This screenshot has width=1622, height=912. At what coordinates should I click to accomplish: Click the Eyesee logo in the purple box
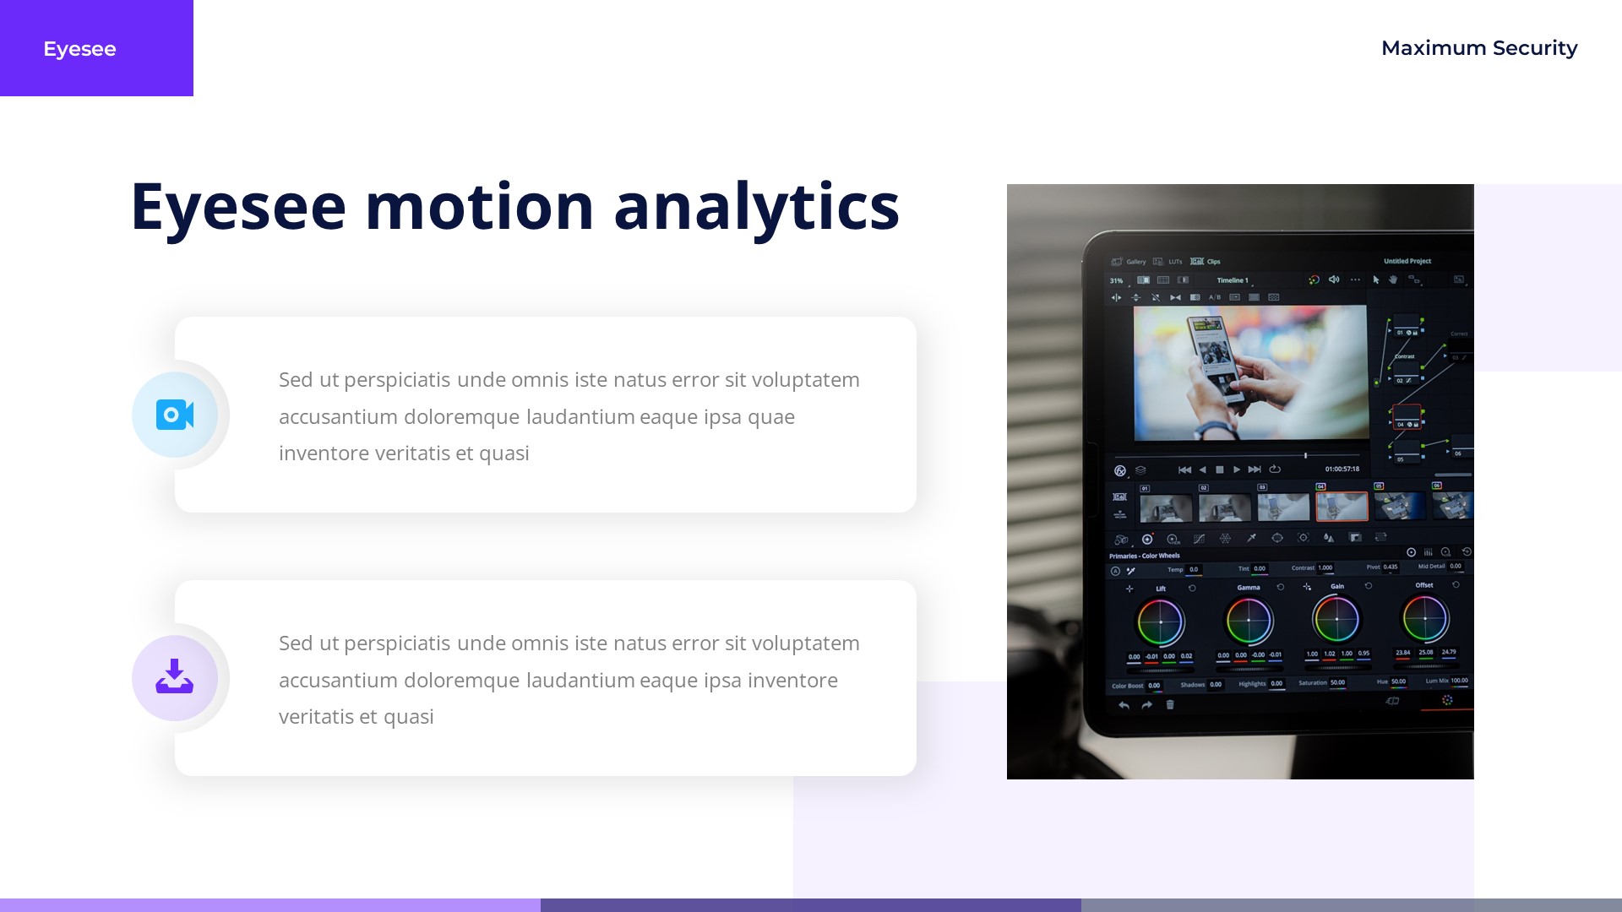pos(79,49)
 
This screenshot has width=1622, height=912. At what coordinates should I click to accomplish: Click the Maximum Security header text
pos(1478,48)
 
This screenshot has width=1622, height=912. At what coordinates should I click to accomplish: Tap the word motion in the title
pos(479,207)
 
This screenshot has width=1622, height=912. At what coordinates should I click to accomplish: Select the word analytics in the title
pos(756,207)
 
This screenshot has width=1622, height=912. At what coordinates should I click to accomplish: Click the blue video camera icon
pos(175,415)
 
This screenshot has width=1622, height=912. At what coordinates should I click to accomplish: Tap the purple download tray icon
pos(175,677)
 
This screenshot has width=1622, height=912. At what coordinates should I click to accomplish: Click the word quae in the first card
pos(770,417)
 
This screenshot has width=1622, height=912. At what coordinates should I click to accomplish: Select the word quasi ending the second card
pos(408,717)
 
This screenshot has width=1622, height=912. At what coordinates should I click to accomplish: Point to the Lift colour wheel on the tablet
pos(1161,622)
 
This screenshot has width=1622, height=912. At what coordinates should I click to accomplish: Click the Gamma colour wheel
pos(1249,621)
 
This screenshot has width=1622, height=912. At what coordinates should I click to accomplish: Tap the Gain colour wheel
pos(1336,619)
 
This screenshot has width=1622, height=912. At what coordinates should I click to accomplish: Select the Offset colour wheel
pos(1425,618)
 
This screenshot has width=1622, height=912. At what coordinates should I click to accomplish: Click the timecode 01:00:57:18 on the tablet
pos(1342,469)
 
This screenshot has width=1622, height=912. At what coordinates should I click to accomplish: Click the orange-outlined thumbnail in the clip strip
pos(1342,507)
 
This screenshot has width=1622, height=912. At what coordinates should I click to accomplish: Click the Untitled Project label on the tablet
pos(1407,261)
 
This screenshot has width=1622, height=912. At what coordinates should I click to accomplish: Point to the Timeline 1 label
pos(1232,280)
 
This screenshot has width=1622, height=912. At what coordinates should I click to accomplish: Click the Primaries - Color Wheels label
pos(1144,556)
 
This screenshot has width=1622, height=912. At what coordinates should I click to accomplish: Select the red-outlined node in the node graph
pos(1407,416)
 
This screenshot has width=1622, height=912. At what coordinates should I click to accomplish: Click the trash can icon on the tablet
pos(1170,705)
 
